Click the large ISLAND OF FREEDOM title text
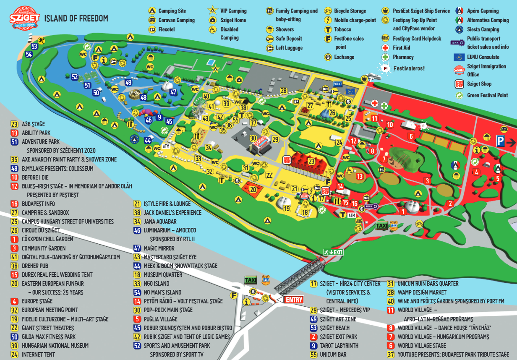(x=76, y=18)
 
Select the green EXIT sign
(x=333, y=252)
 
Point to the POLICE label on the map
(x=338, y=84)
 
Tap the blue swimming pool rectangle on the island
(x=209, y=62)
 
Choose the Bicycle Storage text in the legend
(x=350, y=11)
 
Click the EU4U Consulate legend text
(x=483, y=57)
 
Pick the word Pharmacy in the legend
(x=403, y=57)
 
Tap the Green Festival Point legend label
(x=487, y=95)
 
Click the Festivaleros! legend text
(x=409, y=68)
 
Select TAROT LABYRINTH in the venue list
(x=339, y=346)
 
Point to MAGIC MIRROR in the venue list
(x=159, y=248)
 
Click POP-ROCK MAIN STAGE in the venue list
(x=168, y=310)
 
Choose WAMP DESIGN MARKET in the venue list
(x=422, y=292)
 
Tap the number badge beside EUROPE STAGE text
(x=14, y=301)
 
